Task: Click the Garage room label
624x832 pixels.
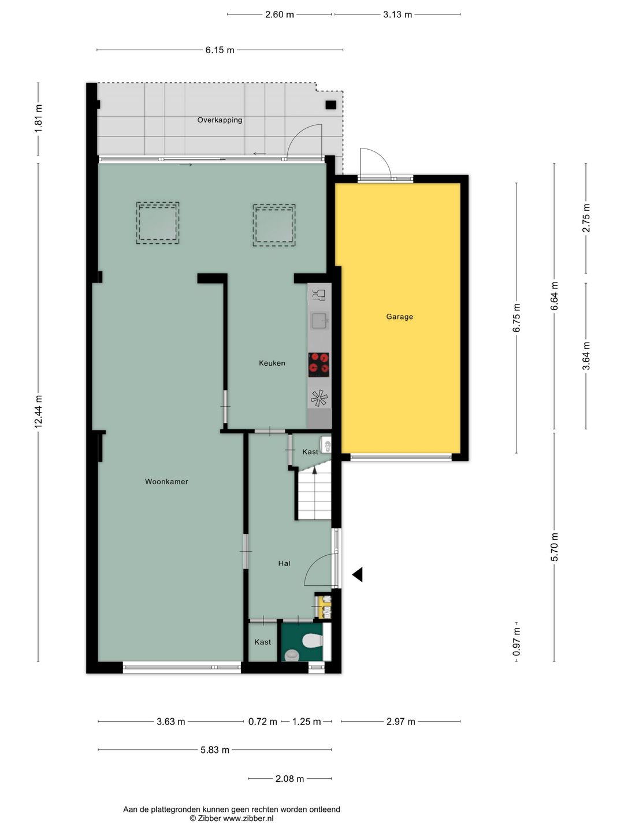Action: coord(399,317)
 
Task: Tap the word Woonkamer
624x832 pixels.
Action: coord(166,481)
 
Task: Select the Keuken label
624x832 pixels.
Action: coord(272,363)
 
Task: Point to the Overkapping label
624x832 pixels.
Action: coord(220,120)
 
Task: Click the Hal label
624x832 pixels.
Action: coord(284,563)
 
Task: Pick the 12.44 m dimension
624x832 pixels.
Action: coord(38,411)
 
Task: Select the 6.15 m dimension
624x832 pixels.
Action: coord(220,50)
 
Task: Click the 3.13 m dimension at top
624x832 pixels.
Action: coord(398,14)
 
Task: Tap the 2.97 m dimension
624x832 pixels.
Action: coord(401,721)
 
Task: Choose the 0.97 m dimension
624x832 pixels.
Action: coord(517,641)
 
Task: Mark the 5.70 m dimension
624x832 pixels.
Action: coord(554,547)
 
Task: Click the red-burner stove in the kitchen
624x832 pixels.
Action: coord(318,365)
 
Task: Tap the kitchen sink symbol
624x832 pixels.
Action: coord(320,321)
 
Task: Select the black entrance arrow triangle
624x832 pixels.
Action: coord(358,575)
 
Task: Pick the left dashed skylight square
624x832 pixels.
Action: coord(158,223)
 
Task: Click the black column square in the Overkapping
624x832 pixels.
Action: coord(330,105)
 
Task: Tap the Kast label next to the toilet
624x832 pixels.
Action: coord(262,642)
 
